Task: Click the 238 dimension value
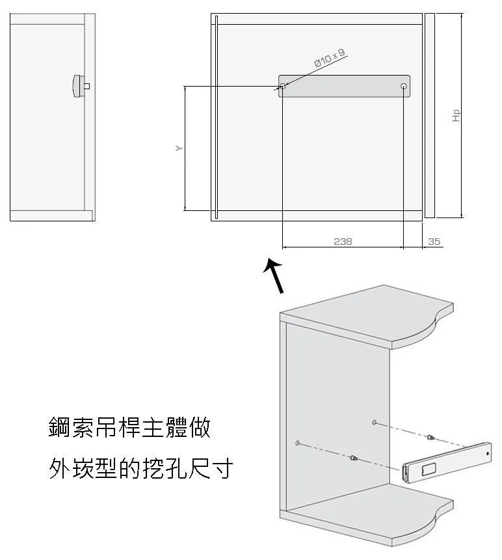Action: coord(343,242)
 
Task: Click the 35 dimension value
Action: coord(434,242)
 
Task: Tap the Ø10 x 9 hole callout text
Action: coord(330,58)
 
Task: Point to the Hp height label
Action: coord(456,116)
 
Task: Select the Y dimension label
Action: coord(179,148)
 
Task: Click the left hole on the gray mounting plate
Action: coord(282,86)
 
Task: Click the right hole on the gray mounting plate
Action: coord(404,86)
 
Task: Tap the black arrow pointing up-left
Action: coord(274,276)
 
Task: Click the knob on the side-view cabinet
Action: coord(79,86)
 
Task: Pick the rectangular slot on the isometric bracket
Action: coord(429,469)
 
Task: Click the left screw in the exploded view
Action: coord(353,458)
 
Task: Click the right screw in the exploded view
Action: coord(430,437)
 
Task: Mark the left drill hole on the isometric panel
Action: coord(297,443)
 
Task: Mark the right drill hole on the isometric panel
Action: coord(374,423)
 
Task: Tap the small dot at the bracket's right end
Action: coord(488,454)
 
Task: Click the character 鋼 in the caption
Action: coord(60,427)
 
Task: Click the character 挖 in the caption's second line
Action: coord(153,468)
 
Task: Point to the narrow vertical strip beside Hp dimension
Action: coord(430,115)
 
